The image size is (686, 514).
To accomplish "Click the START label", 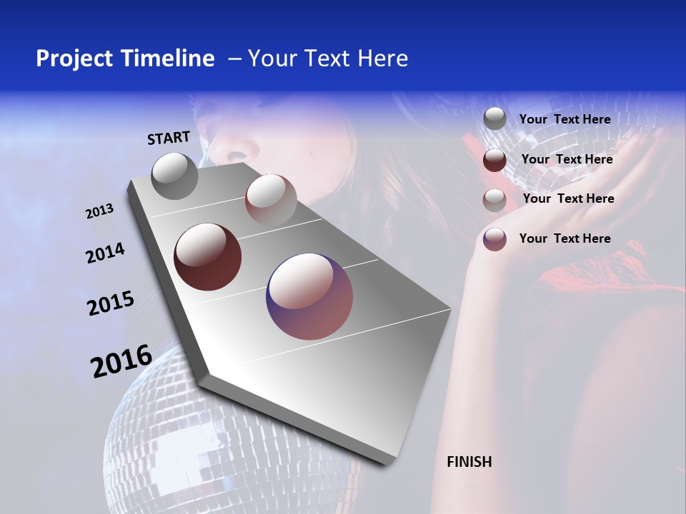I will tap(169, 138).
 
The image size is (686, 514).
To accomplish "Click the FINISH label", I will tap(469, 462).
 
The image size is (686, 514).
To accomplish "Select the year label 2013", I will tap(100, 211).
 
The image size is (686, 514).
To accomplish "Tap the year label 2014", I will tap(105, 253).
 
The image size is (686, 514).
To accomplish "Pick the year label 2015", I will tap(111, 303).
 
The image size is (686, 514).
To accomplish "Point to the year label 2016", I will tap(121, 361).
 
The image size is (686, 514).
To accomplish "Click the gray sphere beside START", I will tap(174, 176).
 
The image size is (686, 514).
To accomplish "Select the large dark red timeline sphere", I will tap(207, 257).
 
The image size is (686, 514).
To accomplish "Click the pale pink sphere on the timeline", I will tap(271, 199).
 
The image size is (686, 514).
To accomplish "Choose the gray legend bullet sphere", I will tap(494, 119).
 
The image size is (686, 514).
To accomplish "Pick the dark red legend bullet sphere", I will tap(494, 160).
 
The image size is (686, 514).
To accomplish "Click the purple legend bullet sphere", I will tap(494, 239).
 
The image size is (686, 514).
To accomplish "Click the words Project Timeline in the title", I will tap(125, 59).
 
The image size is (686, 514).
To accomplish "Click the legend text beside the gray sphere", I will tap(565, 119).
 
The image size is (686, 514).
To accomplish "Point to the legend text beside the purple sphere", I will tap(565, 238).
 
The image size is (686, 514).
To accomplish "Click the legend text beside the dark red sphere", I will tap(567, 159).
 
